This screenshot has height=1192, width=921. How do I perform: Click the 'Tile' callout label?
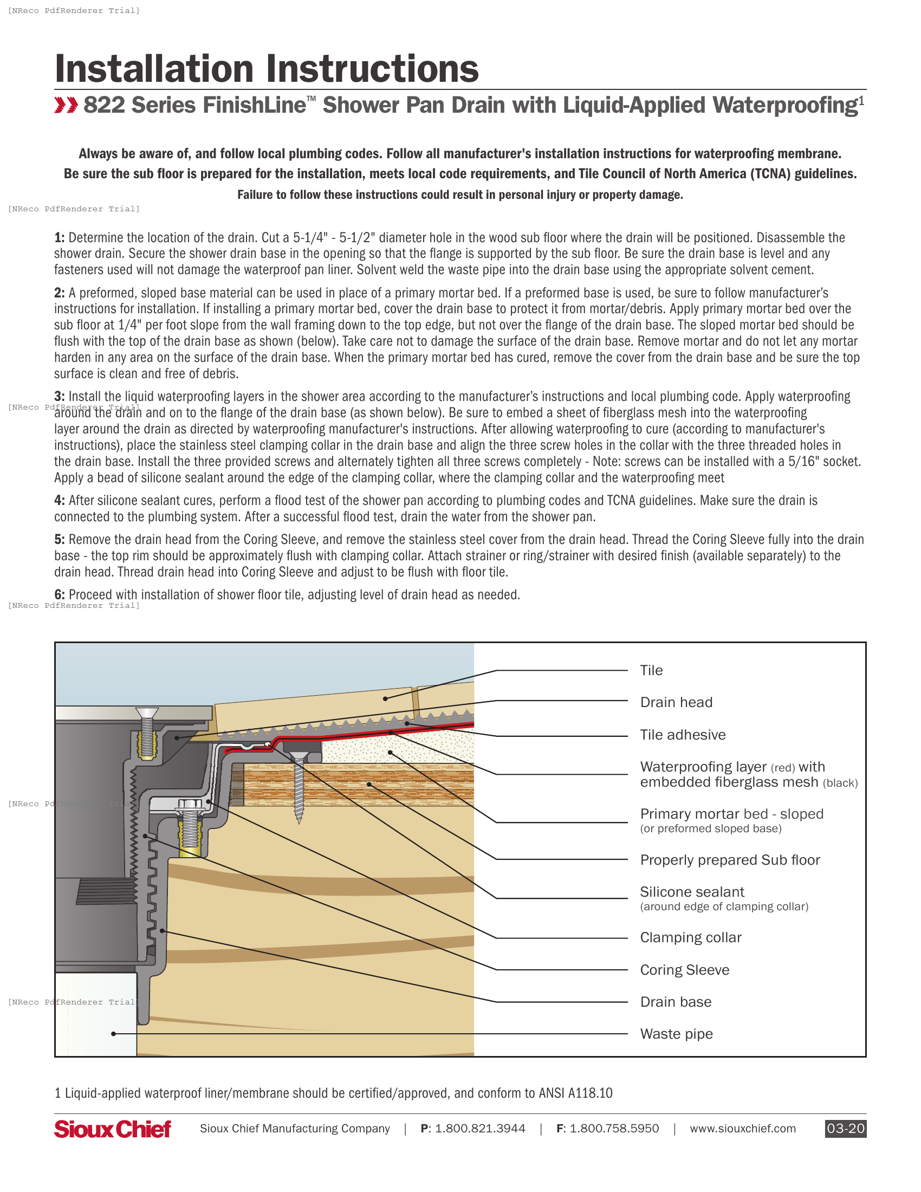651,670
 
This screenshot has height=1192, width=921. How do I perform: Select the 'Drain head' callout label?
676,702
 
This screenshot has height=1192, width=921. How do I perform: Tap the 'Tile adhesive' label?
683,735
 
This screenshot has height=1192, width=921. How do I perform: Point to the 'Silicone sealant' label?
692,892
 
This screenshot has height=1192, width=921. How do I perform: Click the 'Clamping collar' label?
690,938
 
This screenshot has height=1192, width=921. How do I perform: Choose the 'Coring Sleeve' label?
684,970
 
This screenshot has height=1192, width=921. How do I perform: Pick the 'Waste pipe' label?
676,1034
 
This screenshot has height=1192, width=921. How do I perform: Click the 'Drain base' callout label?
676,1002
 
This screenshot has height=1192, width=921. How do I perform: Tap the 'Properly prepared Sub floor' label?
730,860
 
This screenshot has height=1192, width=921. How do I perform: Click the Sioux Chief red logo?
112,1129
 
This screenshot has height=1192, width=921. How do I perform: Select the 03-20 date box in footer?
845,1129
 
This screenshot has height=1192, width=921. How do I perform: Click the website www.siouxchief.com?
743,1129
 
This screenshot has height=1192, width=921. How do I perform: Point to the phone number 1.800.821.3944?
479,1129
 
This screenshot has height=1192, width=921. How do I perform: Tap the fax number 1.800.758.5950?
614,1129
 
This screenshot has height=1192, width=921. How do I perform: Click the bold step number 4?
60,501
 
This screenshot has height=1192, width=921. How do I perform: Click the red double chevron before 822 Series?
66,105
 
